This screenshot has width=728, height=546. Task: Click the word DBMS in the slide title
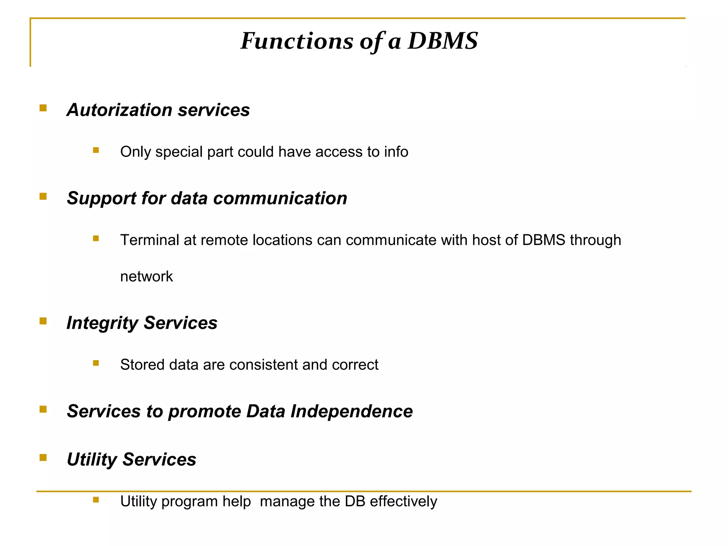click(x=443, y=41)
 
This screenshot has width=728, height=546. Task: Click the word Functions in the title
click(x=297, y=41)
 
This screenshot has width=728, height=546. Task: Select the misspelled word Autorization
click(x=119, y=110)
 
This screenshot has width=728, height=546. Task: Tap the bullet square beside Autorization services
click(x=43, y=108)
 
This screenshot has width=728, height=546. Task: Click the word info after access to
click(x=396, y=152)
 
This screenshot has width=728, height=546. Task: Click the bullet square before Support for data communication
click(x=43, y=197)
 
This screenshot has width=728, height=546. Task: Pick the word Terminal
click(x=149, y=240)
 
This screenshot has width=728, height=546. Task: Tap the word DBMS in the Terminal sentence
click(x=544, y=240)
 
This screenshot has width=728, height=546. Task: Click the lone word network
click(x=146, y=277)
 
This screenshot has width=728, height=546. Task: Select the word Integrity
click(x=102, y=323)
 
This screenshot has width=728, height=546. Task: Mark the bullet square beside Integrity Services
click(x=43, y=321)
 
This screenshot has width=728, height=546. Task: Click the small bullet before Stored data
click(x=96, y=363)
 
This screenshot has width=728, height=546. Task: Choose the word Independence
click(x=352, y=411)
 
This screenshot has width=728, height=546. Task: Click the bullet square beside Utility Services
click(x=43, y=457)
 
